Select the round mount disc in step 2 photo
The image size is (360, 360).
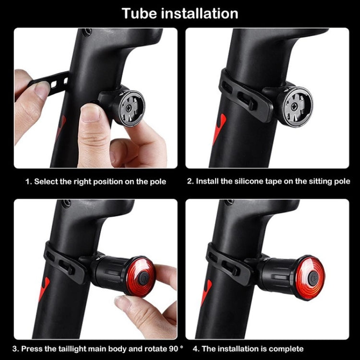297,104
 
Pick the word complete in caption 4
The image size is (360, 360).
285,348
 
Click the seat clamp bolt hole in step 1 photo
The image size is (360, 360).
87,33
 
